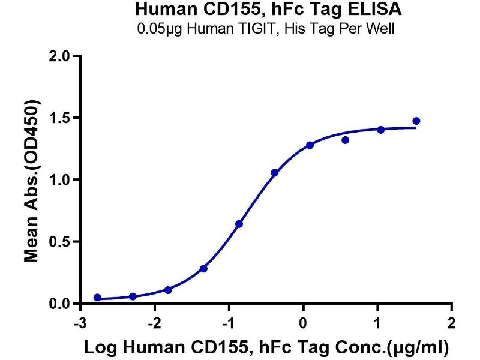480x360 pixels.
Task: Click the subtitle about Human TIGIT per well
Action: click(266, 29)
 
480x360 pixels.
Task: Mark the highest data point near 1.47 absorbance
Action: click(416, 121)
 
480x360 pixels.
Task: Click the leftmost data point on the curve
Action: click(97, 298)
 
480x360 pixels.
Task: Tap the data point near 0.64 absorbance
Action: click(239, 224)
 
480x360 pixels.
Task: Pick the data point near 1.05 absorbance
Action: click(274, 173)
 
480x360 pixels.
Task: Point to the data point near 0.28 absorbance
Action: click(203, 269)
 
